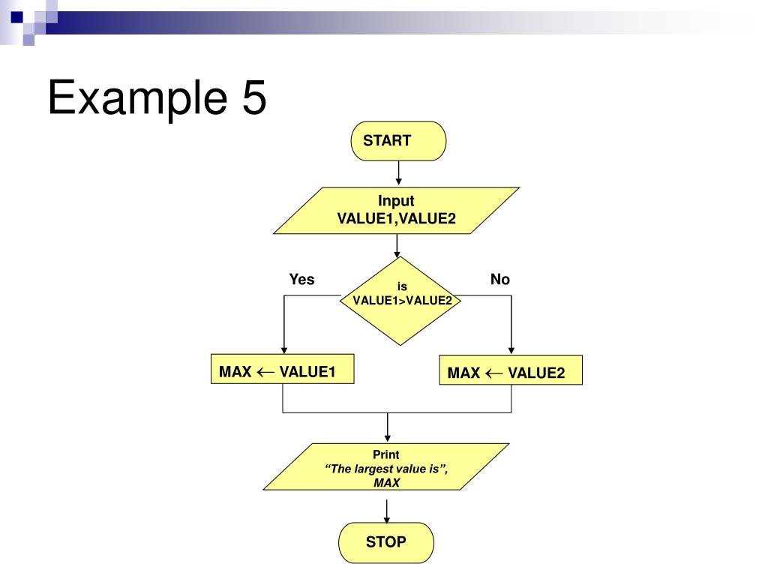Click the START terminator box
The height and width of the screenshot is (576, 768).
click(398, 141)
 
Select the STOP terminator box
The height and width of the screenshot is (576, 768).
click(386, 542)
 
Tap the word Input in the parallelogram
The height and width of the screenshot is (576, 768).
click(396, 201)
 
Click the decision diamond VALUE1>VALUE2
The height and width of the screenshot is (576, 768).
click(400, 301)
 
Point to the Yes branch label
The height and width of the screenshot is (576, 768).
click(301, 279)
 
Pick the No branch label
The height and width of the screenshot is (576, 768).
click(500, 279)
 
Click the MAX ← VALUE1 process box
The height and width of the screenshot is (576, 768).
click(283, 369)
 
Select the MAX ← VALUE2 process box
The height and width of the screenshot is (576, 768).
click(511, 370)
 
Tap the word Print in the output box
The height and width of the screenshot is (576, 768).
click(386, 454)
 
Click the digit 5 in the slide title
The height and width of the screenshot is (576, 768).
click(254, 97)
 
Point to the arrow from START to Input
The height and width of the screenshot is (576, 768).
click(399, 172)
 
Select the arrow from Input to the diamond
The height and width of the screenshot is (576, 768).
click(397, 245)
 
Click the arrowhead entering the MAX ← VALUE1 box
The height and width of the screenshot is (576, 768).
click(284, 350)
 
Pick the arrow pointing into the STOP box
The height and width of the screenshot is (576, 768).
click(387, 511)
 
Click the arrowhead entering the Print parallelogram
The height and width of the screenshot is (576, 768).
click(388, 438)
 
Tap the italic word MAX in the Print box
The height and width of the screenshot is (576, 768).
click(387, 483)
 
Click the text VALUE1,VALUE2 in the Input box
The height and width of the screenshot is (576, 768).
click(396, 218)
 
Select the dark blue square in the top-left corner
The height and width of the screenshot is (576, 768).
click(17, 17)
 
